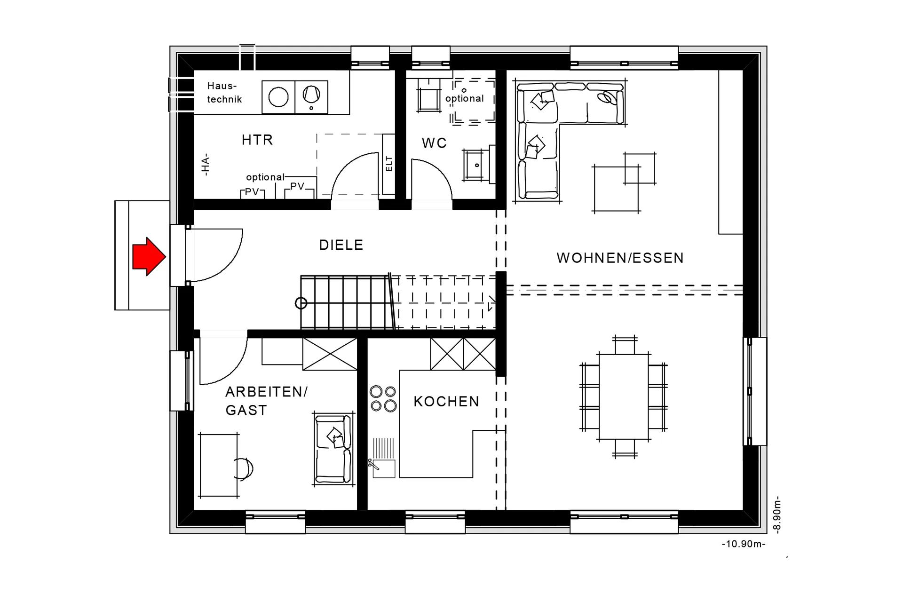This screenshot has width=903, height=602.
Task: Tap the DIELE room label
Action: [341, 245]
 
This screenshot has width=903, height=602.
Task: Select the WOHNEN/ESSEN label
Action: [620, 258]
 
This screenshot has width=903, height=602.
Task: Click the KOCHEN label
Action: [446, 401]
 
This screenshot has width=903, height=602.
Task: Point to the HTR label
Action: [257, 140]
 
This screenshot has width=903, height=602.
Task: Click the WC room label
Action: [434, 143]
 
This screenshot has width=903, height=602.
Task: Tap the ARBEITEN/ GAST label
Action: [266, 401]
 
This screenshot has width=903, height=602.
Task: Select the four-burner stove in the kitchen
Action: [383, 398]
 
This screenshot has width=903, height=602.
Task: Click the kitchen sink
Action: [383, 468]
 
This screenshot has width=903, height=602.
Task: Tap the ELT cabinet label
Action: [389, 164]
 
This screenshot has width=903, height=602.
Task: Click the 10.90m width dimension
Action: [744, 544]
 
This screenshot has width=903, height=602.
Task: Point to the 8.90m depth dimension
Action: [777, 514]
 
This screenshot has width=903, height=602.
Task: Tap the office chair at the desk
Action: [243, 468]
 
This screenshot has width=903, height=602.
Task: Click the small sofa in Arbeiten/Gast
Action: [333, 449]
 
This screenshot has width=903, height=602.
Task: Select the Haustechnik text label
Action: [224, 93]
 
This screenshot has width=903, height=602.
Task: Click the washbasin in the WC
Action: [477, 165]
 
